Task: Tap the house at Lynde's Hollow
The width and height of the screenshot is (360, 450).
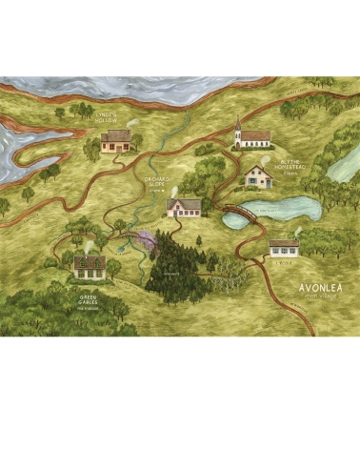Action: [116, 141]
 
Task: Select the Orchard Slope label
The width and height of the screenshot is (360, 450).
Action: [154, 183]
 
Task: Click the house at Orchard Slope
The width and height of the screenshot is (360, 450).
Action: [184, 208]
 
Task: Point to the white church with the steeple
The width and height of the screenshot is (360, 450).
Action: [252, 137]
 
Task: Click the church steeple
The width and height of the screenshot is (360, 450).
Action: [237, 123]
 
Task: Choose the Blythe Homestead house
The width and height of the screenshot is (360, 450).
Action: [258, 175]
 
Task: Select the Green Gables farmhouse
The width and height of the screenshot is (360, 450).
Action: [90, 267]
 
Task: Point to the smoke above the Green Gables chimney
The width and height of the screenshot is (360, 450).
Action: [89, 244]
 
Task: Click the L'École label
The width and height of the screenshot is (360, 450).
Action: [284, 261]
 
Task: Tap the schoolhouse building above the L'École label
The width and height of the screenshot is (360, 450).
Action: [285, 247]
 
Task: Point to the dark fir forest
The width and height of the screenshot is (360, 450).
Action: [175, 262]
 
